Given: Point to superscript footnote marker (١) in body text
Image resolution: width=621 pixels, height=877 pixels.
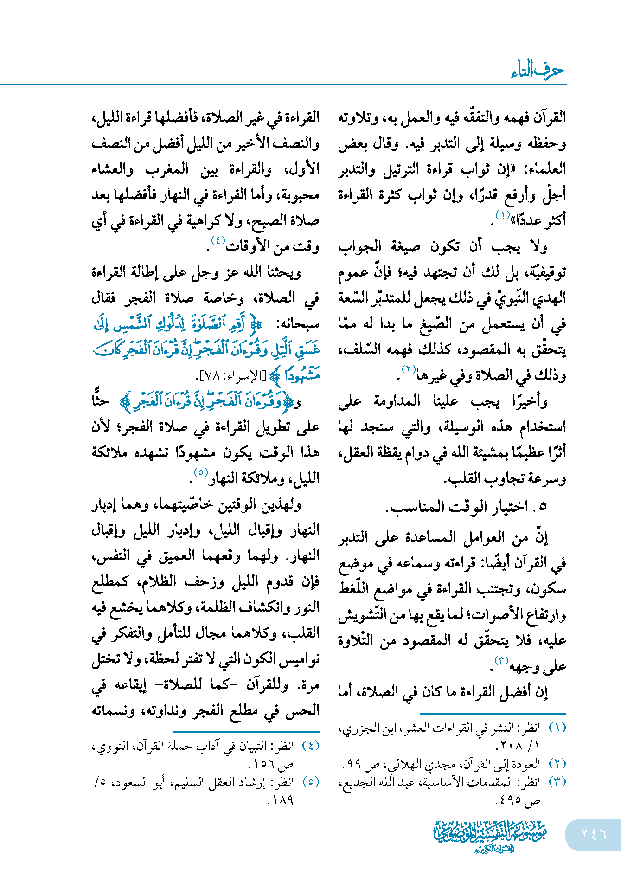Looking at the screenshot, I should [x=502, y=216].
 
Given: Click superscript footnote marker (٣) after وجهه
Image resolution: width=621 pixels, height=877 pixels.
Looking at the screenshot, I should [x=501, y=660].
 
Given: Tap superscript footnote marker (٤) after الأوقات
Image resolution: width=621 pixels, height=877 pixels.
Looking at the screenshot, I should [x=218, y=241].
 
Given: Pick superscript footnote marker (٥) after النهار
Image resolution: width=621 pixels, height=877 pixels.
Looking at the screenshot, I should [x=200, y=473].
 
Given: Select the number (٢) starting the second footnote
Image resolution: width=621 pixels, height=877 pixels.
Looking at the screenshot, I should [x=557, y=763].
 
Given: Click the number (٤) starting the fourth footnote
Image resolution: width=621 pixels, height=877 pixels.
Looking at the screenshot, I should [x=310, y=746].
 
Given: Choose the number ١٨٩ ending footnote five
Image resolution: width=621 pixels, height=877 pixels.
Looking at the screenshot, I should [x=281, y=800].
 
